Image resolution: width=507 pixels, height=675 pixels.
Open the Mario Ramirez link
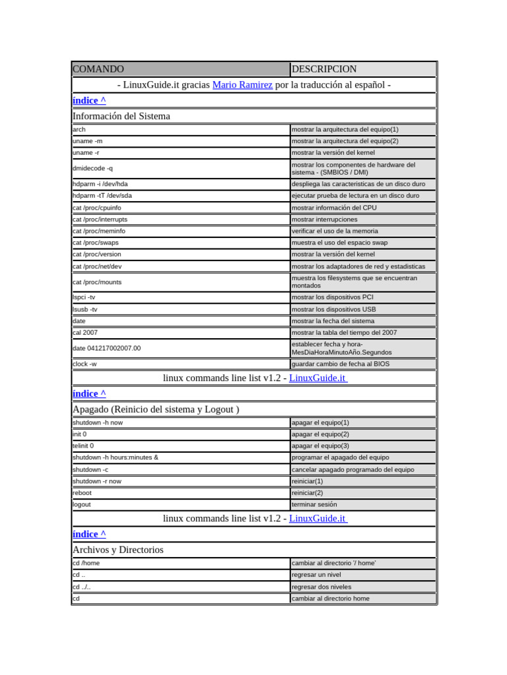coord(242,85)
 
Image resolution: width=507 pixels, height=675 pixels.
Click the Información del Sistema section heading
coord(121,116)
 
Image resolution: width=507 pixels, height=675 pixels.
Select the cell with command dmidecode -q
coord(92,168)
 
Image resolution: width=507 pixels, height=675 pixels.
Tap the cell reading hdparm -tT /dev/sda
coord(102,196)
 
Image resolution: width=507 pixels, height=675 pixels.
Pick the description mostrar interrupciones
coord(325,220)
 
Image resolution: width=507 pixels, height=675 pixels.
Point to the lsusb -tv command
coord(85,309)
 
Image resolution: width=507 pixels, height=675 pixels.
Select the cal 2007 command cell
coord(85,333)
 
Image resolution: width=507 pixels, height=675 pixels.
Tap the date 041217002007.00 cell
coord(106,348)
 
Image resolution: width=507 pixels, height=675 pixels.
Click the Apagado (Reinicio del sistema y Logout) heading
coord(156,409)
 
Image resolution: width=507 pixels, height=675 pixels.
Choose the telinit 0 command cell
coord(83,446)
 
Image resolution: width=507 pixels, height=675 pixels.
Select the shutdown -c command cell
coord(90,469)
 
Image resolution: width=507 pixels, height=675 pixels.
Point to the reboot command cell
coord(83,492)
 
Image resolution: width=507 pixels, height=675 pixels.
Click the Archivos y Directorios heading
coord(118,550)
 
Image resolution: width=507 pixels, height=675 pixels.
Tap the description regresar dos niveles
coord(321,587)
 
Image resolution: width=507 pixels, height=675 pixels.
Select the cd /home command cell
coord(86,563)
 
